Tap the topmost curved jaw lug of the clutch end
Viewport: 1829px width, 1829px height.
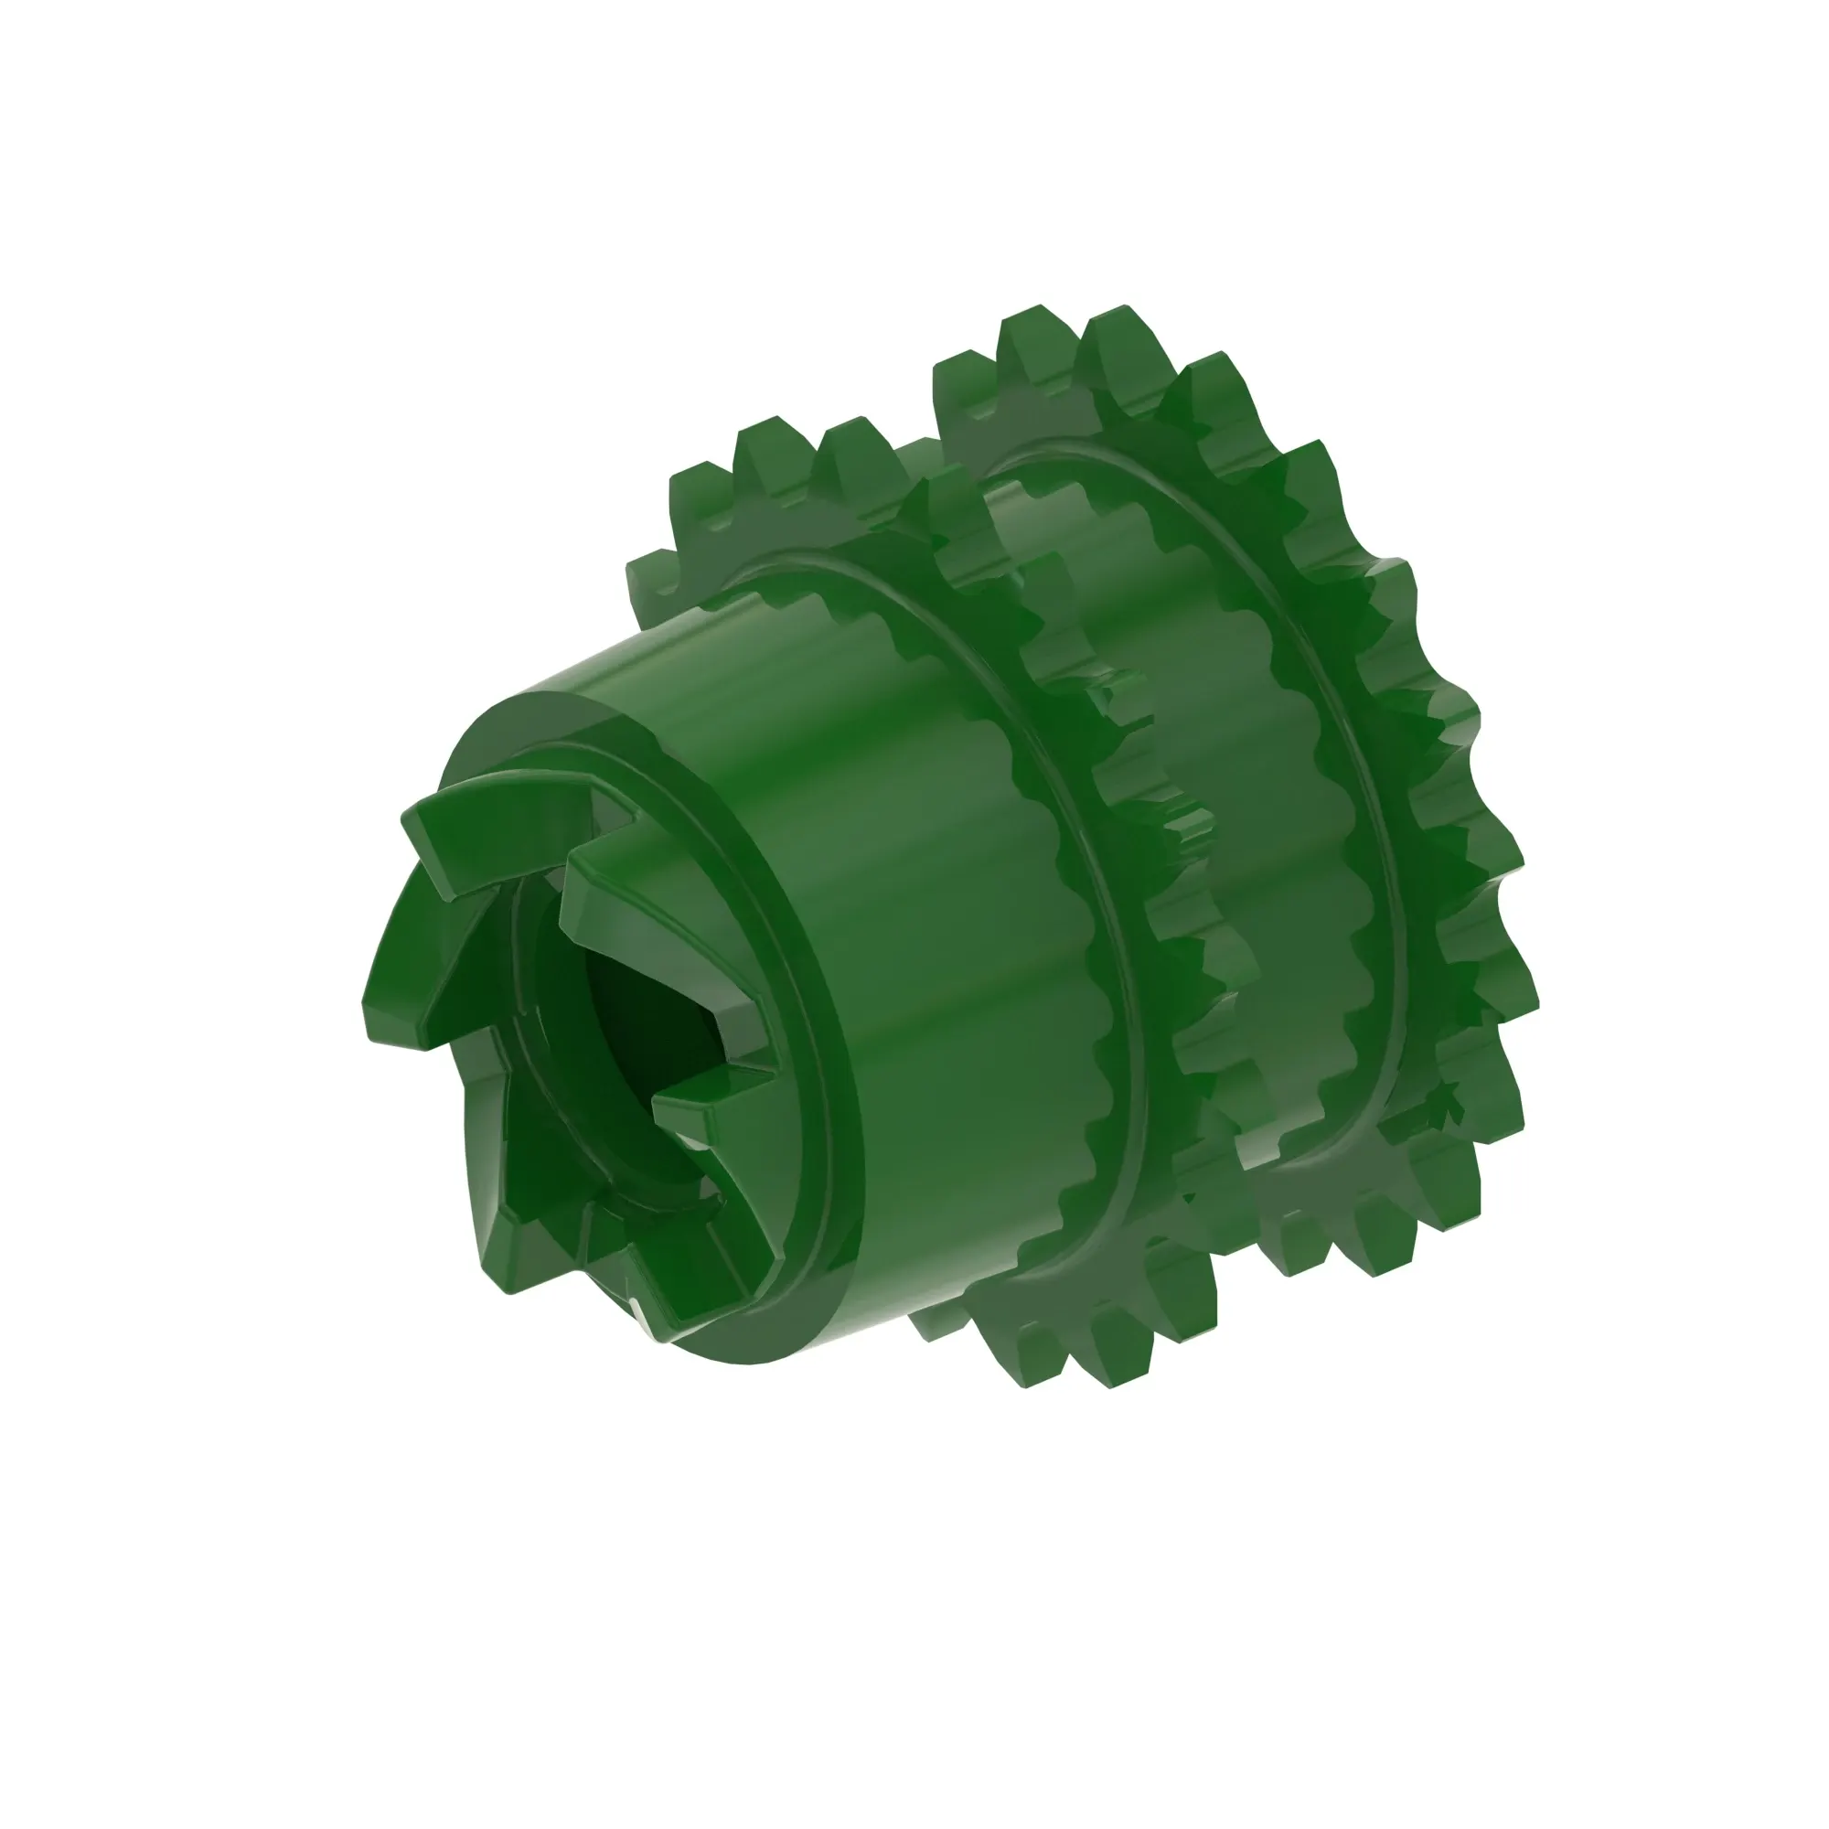tap(492, 824)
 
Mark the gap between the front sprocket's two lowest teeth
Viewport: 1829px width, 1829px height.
tap(1079, 1364)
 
